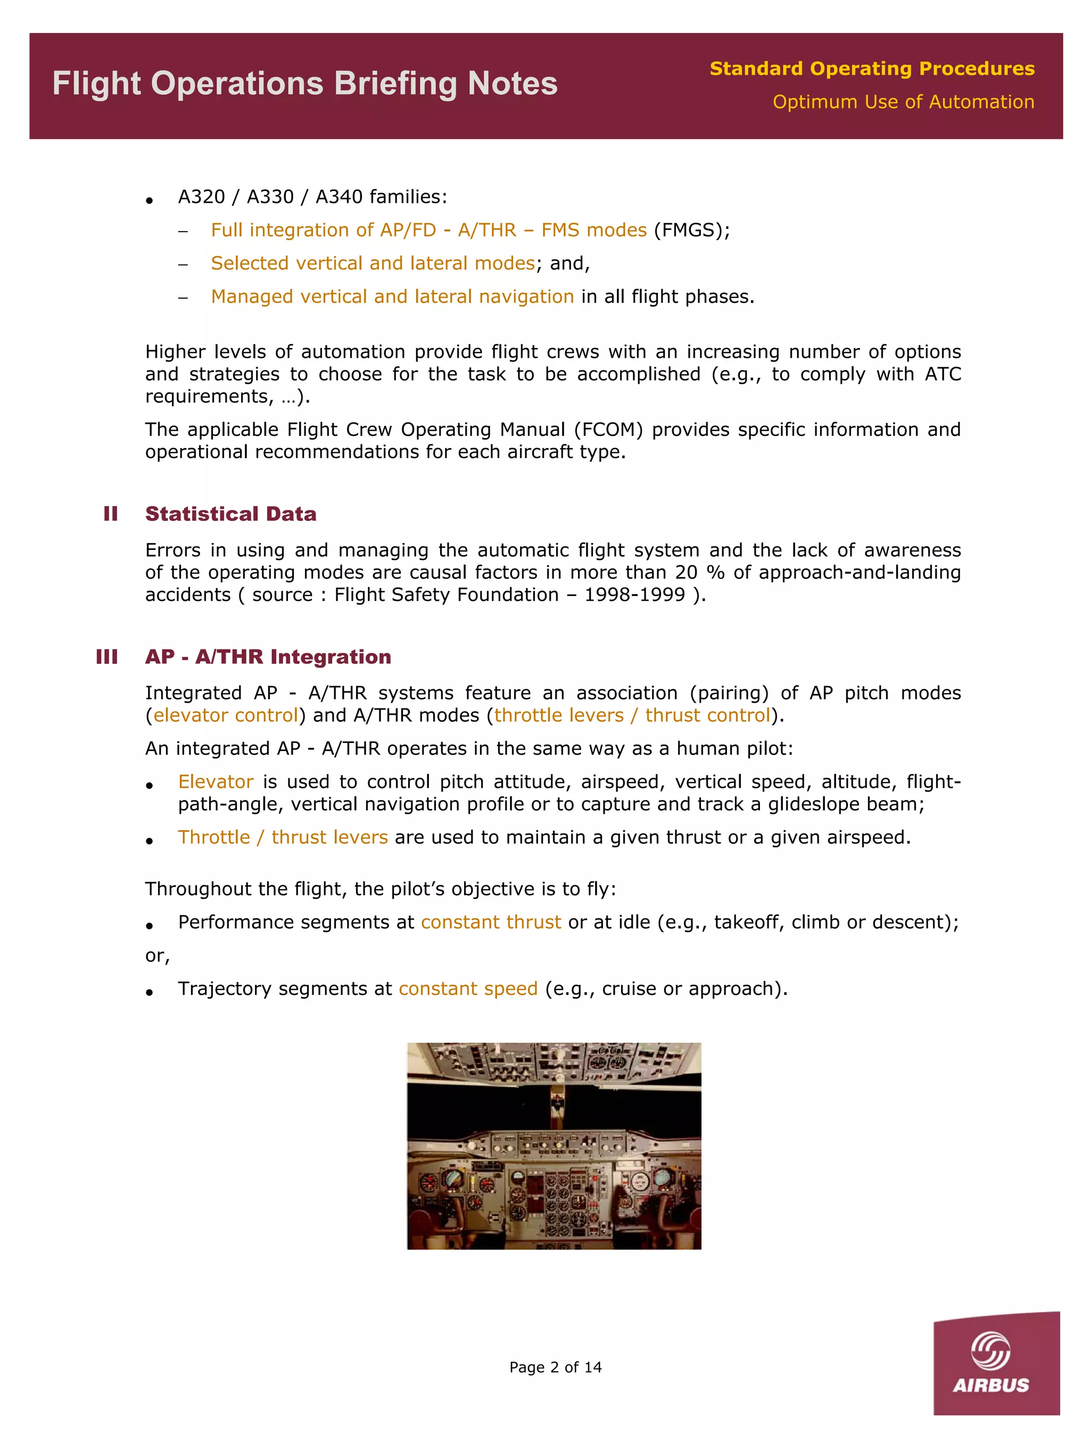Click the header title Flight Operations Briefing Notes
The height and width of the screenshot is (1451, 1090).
pos(304,84)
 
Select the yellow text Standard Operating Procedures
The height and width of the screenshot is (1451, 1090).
pos(872,68)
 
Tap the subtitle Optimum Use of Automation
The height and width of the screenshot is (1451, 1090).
pos(903,102)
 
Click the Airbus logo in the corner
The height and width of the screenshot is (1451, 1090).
pos(996,1364)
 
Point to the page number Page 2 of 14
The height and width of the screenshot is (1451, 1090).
pos(555,1367)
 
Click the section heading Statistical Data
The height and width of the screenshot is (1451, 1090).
pos(230,514)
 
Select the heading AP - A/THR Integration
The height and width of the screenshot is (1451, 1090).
pos(268,657)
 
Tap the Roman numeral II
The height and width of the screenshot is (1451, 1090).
pos(110,514)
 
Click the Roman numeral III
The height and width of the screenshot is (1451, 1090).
pos(107,657)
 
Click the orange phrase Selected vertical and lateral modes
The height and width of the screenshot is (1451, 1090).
pos(373,263)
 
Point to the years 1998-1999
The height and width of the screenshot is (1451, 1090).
pos(634,595)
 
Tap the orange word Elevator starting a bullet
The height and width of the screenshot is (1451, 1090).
pos(215,782)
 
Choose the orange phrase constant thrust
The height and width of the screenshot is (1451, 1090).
pos(491,922)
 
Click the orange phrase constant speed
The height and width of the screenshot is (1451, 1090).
pos(468,988)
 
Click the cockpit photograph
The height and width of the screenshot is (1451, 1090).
pos(554,1145)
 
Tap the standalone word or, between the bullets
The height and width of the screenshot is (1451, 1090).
pos(158,956)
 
